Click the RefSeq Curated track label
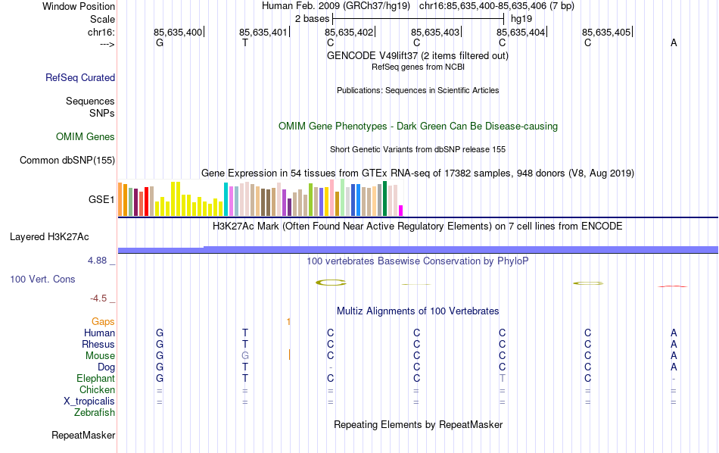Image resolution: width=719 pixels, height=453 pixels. click(80, 77)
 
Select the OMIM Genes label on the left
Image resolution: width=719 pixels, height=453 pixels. click(86, 137)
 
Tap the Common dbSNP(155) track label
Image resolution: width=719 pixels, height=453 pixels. click(67, 160)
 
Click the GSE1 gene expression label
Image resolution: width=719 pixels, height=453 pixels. click(101, 200)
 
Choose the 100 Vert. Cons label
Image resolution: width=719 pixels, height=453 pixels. click(42, 280)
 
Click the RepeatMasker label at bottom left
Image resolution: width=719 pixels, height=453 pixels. click(83, 436)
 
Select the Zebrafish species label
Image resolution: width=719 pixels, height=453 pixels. click(95, 413)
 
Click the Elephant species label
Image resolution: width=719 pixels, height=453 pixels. click(95, 379)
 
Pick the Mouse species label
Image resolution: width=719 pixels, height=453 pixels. click(100, 356)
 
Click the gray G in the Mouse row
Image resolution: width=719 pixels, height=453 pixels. click(244, 356)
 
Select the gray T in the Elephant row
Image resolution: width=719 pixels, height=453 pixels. click(502, 379)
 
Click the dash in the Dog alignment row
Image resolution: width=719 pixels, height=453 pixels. click(331, 367)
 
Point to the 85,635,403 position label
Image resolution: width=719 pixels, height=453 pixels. click(435, 33)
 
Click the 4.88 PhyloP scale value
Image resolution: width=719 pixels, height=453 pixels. click(100, 261)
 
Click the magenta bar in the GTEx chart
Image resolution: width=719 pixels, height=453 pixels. click(401, 211)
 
